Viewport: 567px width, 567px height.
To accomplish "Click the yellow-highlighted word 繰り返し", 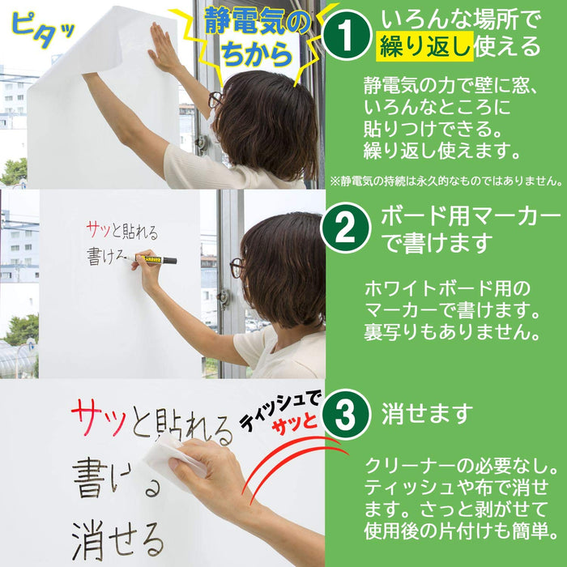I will (x=422, y=46).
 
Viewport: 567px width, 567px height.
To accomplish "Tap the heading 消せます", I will (x=427, y=415).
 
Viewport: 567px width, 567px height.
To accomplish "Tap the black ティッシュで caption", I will (x=279, y=409).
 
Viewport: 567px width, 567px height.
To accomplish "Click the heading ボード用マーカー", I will (x=471, y=217).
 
